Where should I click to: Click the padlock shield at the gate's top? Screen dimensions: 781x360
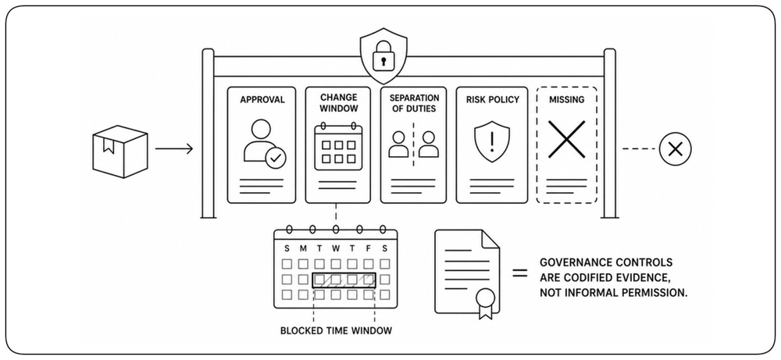tap(383, 55)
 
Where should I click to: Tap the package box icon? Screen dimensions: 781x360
tap(120, 151)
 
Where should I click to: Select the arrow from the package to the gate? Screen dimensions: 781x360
tap(174, 148)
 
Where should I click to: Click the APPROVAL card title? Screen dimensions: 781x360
tap(262, 100)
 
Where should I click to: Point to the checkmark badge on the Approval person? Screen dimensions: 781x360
tap(276, 159)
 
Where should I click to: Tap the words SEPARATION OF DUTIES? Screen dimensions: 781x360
tap(415, 103)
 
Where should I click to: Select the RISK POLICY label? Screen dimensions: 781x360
tap(492, 100)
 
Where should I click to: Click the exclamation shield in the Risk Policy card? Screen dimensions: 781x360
tap(492, 142)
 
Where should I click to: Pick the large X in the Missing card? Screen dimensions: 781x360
tap(566, 140)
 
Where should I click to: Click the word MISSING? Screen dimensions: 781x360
tap(566, 100)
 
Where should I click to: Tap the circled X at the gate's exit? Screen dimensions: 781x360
tap(675, 149)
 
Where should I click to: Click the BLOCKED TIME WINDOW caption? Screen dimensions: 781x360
tap(336, 330)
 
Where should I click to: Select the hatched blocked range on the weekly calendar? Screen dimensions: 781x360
tap(344, 280)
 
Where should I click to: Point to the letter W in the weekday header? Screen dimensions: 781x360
tap(336, 248)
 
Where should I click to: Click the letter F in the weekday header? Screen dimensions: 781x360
tap(368, 248)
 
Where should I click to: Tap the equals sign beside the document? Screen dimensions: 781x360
tap(520, 273)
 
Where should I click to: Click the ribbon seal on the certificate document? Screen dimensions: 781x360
tap(485, 302)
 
